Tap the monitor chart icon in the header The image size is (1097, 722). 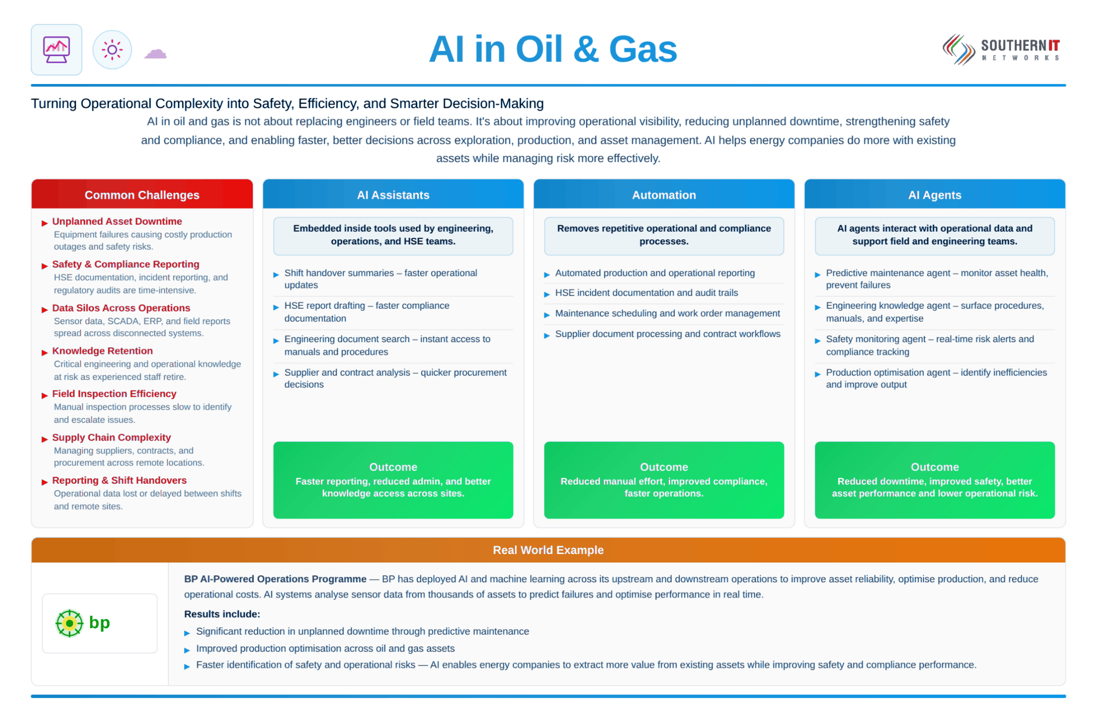click(56, 49)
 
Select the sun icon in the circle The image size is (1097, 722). click(112, 49)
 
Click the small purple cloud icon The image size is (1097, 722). click(155, 54)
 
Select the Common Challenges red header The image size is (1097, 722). click(142, 194)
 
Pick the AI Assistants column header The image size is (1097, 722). click(393, 194)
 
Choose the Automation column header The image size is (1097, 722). click(664, 194)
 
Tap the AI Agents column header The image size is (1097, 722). click(934, 194)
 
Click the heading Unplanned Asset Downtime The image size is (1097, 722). click(117, 221)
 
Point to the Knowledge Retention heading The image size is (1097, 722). click(102, 350)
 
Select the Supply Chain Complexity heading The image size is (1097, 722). click(111, 437)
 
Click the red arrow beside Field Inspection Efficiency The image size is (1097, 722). click(45, 395)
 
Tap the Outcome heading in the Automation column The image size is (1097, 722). click(664, 467)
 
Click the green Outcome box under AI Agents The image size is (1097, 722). click(934, 479)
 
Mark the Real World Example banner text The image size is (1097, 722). click(548, 549)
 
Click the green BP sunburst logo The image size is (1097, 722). click(69, 623)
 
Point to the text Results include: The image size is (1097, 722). click(222, 614)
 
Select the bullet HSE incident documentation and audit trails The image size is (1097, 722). click(646, 292)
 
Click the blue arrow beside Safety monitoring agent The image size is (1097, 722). click(817, 341)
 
